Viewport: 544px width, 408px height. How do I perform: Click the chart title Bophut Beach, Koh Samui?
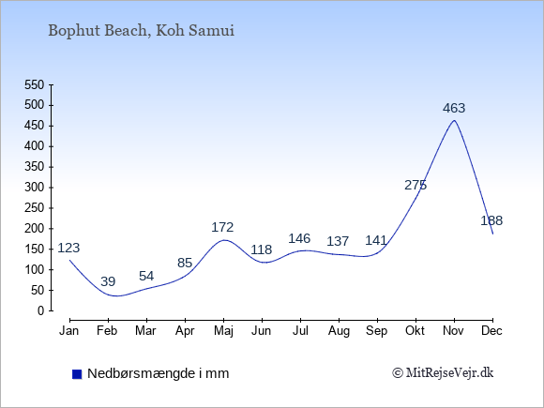(142, 31)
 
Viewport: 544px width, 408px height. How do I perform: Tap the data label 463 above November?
(454, 108)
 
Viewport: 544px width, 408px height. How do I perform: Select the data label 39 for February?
(108, 281)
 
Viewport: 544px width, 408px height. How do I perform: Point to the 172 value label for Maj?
(222, 227)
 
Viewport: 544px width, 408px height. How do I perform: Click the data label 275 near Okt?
(416, 186)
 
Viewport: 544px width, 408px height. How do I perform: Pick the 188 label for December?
(491, 220)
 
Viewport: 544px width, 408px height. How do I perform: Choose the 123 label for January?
(68, 248)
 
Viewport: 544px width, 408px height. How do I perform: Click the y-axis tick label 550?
(35, 84)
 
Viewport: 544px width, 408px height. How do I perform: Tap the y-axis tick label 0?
(41, 310)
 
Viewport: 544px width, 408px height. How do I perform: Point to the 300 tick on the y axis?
(35, 188)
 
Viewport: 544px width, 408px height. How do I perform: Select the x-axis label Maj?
(224, 331)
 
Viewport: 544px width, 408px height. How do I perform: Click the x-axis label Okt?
(415, 331)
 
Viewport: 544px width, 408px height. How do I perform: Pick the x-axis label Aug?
(339, 331)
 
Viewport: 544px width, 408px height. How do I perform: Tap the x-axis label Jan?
(69, 331)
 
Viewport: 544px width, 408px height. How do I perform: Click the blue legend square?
(77, 374)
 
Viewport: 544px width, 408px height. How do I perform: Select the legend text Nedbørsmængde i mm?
(159, 373)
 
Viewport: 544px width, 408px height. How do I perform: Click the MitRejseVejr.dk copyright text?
(443, 373)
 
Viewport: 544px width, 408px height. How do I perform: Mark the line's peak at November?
(454, 120)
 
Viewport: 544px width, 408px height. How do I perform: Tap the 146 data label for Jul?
(299, 238)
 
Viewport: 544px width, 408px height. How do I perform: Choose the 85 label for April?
(185, 263)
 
